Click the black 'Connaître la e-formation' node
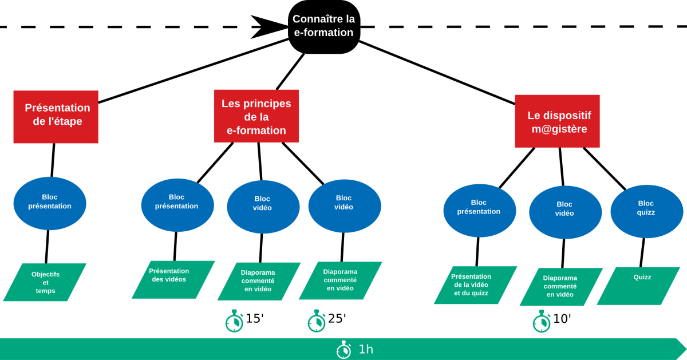click(x=324, y=27)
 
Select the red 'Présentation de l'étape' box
click(x=56, y=117)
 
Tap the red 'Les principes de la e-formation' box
click(x=256, y=116)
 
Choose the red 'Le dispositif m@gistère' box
click(x=557, y=121)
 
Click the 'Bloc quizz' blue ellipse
click(x=647, y=212)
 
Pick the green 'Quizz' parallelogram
click(x=638, y=286)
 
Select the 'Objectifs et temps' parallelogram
click(x=45, y=282)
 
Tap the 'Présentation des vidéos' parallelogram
click(x=173, y=280)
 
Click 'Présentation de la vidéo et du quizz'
click(x=475, y=285)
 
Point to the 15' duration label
click(x=255, y=319)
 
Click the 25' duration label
click(x=337, y=319)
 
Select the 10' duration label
click(x=562, y=319)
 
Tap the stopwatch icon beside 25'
click(x=317, y=321)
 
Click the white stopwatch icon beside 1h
click(x=344, y=350)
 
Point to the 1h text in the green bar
click(x=366, y=349)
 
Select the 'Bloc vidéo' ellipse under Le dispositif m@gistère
click(x=566, y=212)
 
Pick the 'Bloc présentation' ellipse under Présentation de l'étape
click(x=50, y=203)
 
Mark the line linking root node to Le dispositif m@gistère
click(x=437, y=73)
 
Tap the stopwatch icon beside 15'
click(x=234, y=321)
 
